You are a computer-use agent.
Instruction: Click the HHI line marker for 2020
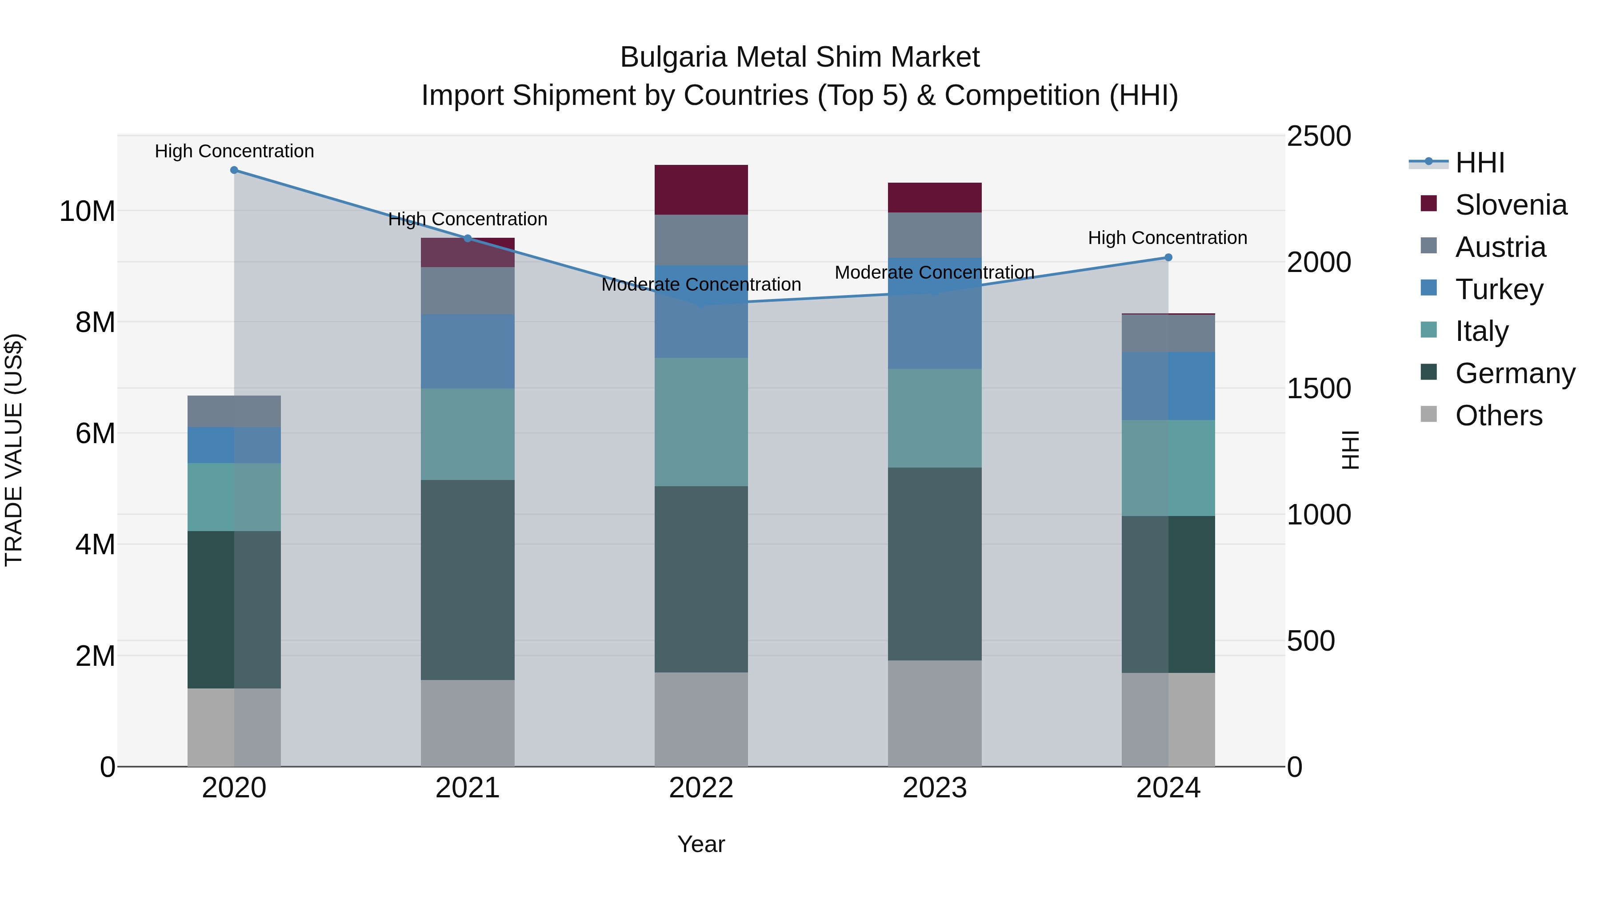[234, 170]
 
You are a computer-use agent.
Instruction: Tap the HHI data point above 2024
[1168, 257]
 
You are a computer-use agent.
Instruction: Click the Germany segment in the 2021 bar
[467, 580]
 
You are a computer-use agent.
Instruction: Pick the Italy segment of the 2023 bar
[934, 418]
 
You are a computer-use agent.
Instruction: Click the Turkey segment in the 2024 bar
[1168, 386]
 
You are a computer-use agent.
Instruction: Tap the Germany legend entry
[1514, 373]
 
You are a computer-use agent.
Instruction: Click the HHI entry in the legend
[1479, 163]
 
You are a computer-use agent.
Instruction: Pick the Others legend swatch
[1428, 414]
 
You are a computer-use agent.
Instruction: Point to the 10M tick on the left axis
[87, 211]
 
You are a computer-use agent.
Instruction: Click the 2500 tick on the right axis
[1318, 136]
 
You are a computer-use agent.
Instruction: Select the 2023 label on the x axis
[934, 788]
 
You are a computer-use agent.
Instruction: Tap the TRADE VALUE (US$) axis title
[14, 450]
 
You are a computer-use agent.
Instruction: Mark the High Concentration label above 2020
[234, 151]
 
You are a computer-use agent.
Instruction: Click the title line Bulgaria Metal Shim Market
[800, 57]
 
